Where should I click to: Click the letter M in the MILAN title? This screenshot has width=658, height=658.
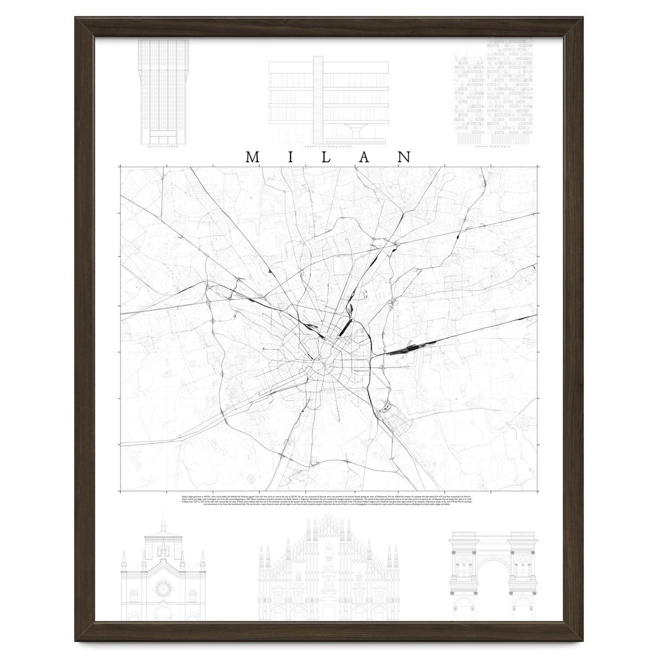[253, 157]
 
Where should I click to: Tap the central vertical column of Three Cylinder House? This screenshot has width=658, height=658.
[317, 99]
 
